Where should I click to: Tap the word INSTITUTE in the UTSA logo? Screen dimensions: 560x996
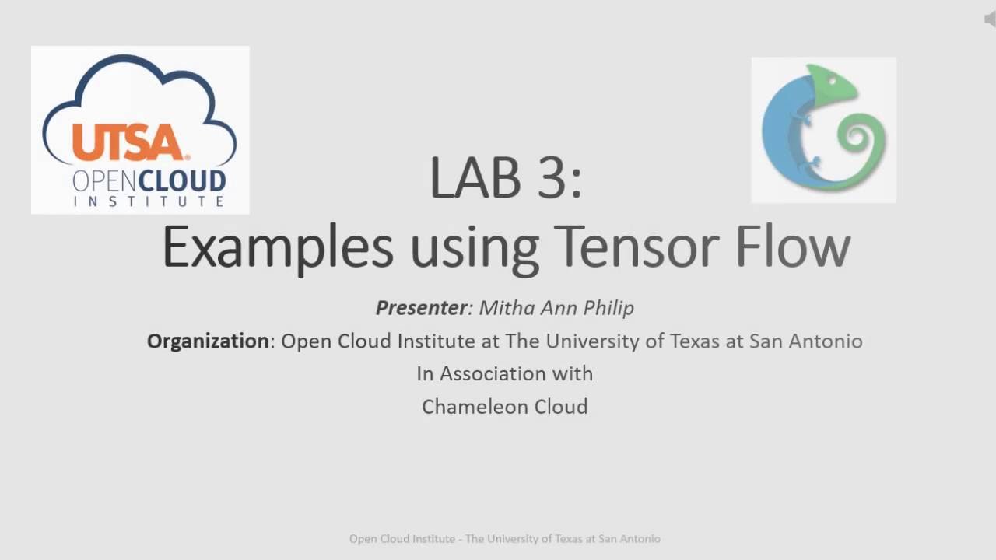point(149,201)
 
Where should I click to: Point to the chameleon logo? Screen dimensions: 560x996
point(823,129)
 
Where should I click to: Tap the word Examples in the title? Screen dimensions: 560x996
point(278,248)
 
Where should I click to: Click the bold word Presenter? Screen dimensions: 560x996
point(421,308)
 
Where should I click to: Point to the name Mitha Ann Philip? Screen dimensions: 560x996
point(556,308)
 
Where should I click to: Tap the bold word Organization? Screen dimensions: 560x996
point(208,341)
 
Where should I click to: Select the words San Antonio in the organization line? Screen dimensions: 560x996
point(806,341)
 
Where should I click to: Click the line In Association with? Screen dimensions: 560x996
point(504,374)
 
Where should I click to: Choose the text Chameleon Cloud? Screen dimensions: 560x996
point(504,407)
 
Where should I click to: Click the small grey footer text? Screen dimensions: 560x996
point(504,538)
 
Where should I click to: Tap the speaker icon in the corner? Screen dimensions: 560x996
point(990,19)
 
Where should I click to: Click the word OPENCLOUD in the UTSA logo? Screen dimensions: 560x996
point(149,181)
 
